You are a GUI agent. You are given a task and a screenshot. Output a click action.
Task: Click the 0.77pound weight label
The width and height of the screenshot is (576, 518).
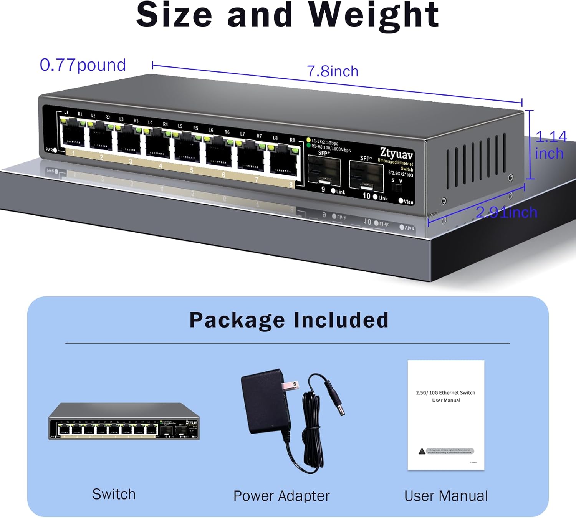pyautogui.click(x=83, y=65)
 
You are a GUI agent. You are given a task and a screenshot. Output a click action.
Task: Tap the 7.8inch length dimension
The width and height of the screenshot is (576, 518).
pyautogui.click(x=333, y=71)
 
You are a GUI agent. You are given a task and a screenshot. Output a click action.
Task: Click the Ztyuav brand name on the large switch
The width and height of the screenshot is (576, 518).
pyautogui.click(x=396, y=154)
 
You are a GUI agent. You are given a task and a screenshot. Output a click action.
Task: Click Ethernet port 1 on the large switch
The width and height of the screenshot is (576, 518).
pyautogui.click(x=73, y=134)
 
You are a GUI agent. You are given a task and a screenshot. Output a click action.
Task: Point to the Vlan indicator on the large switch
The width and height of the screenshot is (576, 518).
pyautogui.click(x=401, y=200)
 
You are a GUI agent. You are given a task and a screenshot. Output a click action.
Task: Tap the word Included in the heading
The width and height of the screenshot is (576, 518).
pyautogui.click(x=341, y=320)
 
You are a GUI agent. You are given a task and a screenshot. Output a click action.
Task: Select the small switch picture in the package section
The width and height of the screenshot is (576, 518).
pyautogui.click(x=124, y=421)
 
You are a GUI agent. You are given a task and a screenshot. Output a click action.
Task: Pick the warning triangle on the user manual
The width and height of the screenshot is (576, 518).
pyautogui.click(x=422, y=451)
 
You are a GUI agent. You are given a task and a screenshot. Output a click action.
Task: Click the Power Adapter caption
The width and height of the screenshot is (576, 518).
pyautogui.click(x=281, y=496)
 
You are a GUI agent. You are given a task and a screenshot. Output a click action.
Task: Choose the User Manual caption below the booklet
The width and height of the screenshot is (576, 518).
pyautogui.click(x=446, y=496)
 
